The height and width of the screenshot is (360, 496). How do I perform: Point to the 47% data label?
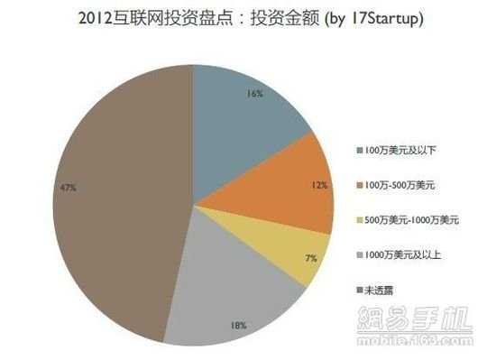tap(69, 188)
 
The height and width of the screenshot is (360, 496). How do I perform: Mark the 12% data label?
tap(317, 185)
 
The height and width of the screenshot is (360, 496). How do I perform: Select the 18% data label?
tap(240, 322)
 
